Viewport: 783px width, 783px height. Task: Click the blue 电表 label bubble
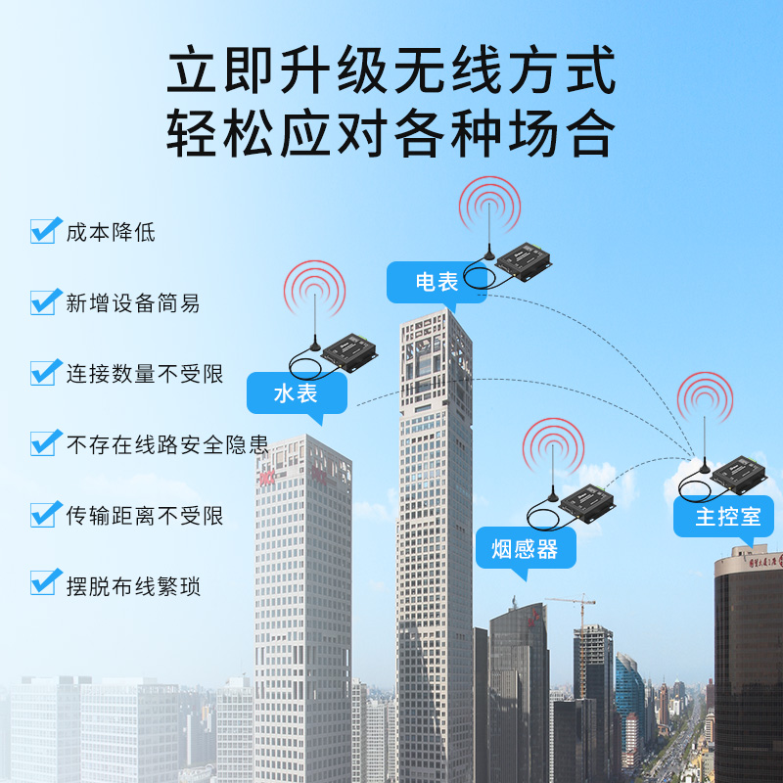pyautogui.click(x=437, y=282)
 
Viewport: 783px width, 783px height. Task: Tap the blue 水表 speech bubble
pyautogui.click(x=297, y=393)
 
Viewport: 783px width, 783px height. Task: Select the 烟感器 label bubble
pyautogui.click(x=526, y=549)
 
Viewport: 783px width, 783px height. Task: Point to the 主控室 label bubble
pyautogui.click(x=723, y=517)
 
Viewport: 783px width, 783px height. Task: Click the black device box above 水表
pyautogui.click(x=349, y=352)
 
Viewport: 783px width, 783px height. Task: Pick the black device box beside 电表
pyautogui.click(x=524, y=261)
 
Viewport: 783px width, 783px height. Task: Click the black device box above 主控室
pyautogui.click(x=739, y=475)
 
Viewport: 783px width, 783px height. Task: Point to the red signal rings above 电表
pyautogui.click(x=489, y=206)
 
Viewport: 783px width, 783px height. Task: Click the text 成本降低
pyautogui.click(x=111, y=232)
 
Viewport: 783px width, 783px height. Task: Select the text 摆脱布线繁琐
pyautogui.click(x=133, y=585)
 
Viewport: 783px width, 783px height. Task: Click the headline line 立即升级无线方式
pyautogui.click(x=391, y=69)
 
